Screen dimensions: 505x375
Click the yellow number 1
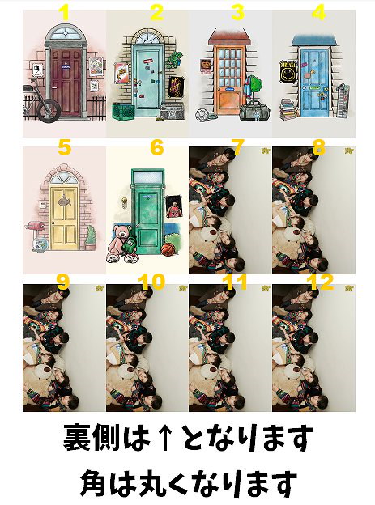coord(66,11)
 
